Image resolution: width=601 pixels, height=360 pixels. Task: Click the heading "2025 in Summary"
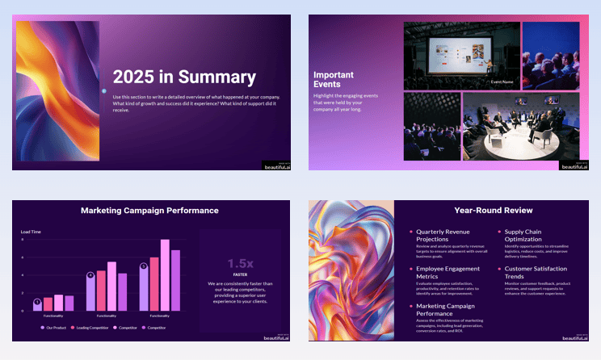coord(184,77)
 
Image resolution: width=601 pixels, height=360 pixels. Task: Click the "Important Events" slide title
coord(333,79)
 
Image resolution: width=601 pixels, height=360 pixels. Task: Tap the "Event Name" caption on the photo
coord(504,82)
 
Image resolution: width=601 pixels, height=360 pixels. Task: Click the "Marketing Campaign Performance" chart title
coord(149,211)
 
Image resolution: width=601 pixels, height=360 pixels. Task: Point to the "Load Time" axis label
coord(31,232)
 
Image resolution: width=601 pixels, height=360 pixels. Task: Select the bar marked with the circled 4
coord(90,291)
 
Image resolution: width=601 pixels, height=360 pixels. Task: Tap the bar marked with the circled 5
coord(144,287)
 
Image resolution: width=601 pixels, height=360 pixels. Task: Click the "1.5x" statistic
coord(240,263)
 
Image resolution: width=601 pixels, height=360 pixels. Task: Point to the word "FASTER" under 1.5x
coord(240,274)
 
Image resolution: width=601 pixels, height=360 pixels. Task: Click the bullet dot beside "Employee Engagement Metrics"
coord(410,269)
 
